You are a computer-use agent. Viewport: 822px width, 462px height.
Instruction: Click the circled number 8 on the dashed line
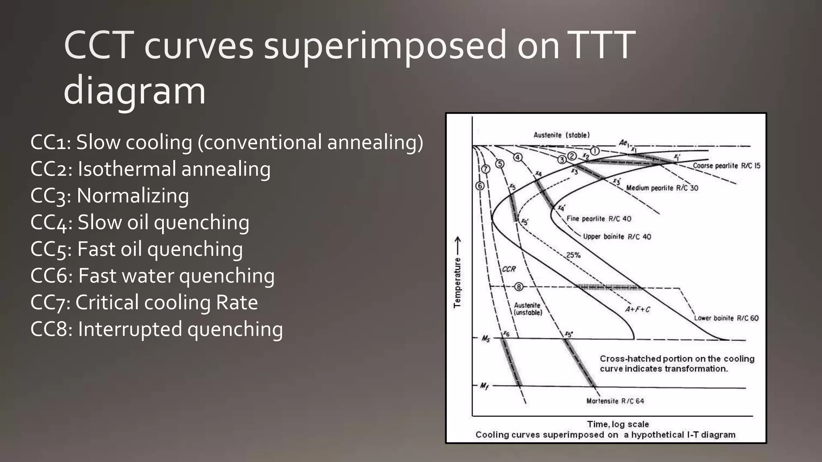(x=519, y=287)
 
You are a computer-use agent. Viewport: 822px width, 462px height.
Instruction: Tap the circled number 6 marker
(x=480, y=186)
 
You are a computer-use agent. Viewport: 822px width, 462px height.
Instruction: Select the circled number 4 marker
(x=518, y=157)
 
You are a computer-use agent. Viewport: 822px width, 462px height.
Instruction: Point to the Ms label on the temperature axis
(x=486, y=339)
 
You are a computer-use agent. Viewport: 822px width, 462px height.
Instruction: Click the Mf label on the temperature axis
(x=484, y=386)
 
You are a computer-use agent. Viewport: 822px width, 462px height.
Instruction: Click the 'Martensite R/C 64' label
(x=615, y=401)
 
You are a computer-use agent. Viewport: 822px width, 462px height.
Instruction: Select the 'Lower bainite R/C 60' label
(x=726, y=318)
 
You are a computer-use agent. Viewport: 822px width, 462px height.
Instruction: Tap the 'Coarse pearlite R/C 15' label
(x=726, y=166)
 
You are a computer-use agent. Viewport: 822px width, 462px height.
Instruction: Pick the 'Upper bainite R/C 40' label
(x=617, y=237)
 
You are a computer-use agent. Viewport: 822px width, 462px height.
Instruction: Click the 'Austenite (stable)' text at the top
(x=562, y=135)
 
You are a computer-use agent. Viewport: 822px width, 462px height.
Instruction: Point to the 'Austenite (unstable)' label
(x=528, y=309)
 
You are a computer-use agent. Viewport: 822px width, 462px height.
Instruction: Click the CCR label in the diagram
(x=509, y=269)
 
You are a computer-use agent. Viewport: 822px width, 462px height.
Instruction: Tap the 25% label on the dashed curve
(x=573, y=255)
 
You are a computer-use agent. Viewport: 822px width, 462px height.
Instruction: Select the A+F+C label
(x=637, y=309)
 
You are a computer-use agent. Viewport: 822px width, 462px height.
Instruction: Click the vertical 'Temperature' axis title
(x=457, y=282)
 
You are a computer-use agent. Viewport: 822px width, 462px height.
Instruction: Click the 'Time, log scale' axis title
(x=618, y=424)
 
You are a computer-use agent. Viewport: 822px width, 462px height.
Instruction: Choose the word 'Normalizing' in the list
(x=132, y=196)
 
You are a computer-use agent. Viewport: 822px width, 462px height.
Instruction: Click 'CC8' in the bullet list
(x=51, y=329)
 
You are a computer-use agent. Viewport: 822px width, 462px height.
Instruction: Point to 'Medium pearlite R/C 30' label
(x=662, y=188)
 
